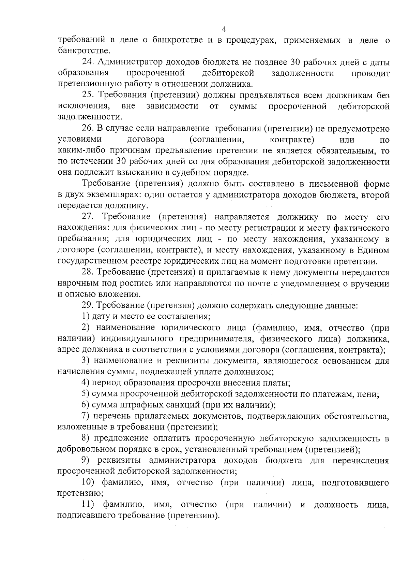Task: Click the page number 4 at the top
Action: (224, 29)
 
